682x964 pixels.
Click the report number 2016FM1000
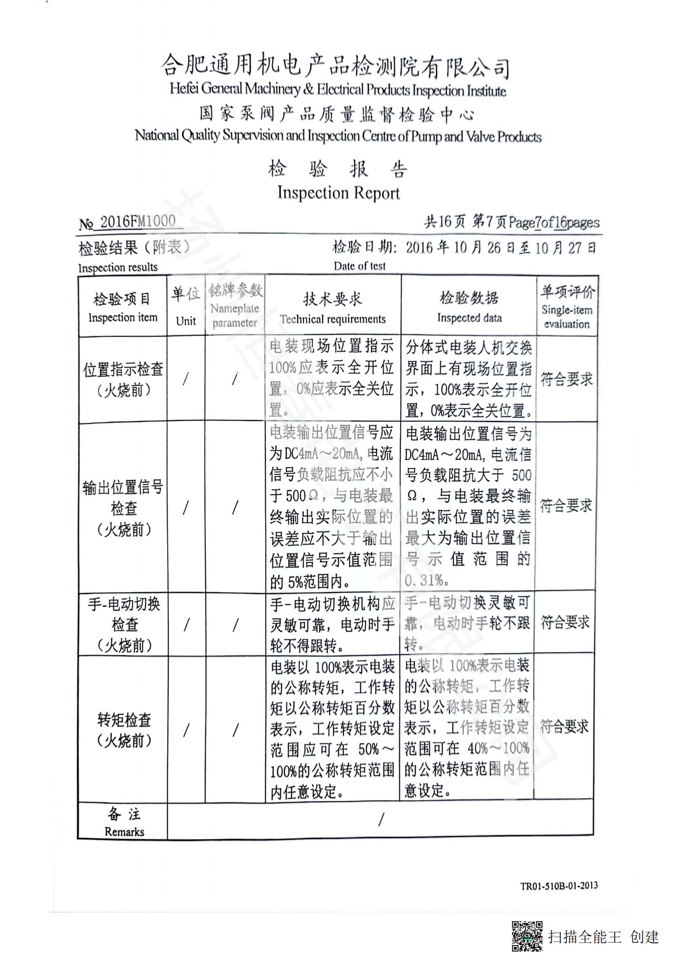(137, 221)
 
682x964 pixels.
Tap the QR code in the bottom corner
(527, 936)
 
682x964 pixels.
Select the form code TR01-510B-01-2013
(559, 887)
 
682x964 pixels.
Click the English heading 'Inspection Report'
(339, 193)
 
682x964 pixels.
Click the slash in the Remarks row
(381, 819)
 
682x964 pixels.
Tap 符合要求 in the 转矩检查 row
(564, 727)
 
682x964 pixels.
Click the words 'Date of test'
(360, 266)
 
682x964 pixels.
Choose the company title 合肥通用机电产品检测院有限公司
(335, 67)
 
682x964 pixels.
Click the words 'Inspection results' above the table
(118, 267)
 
